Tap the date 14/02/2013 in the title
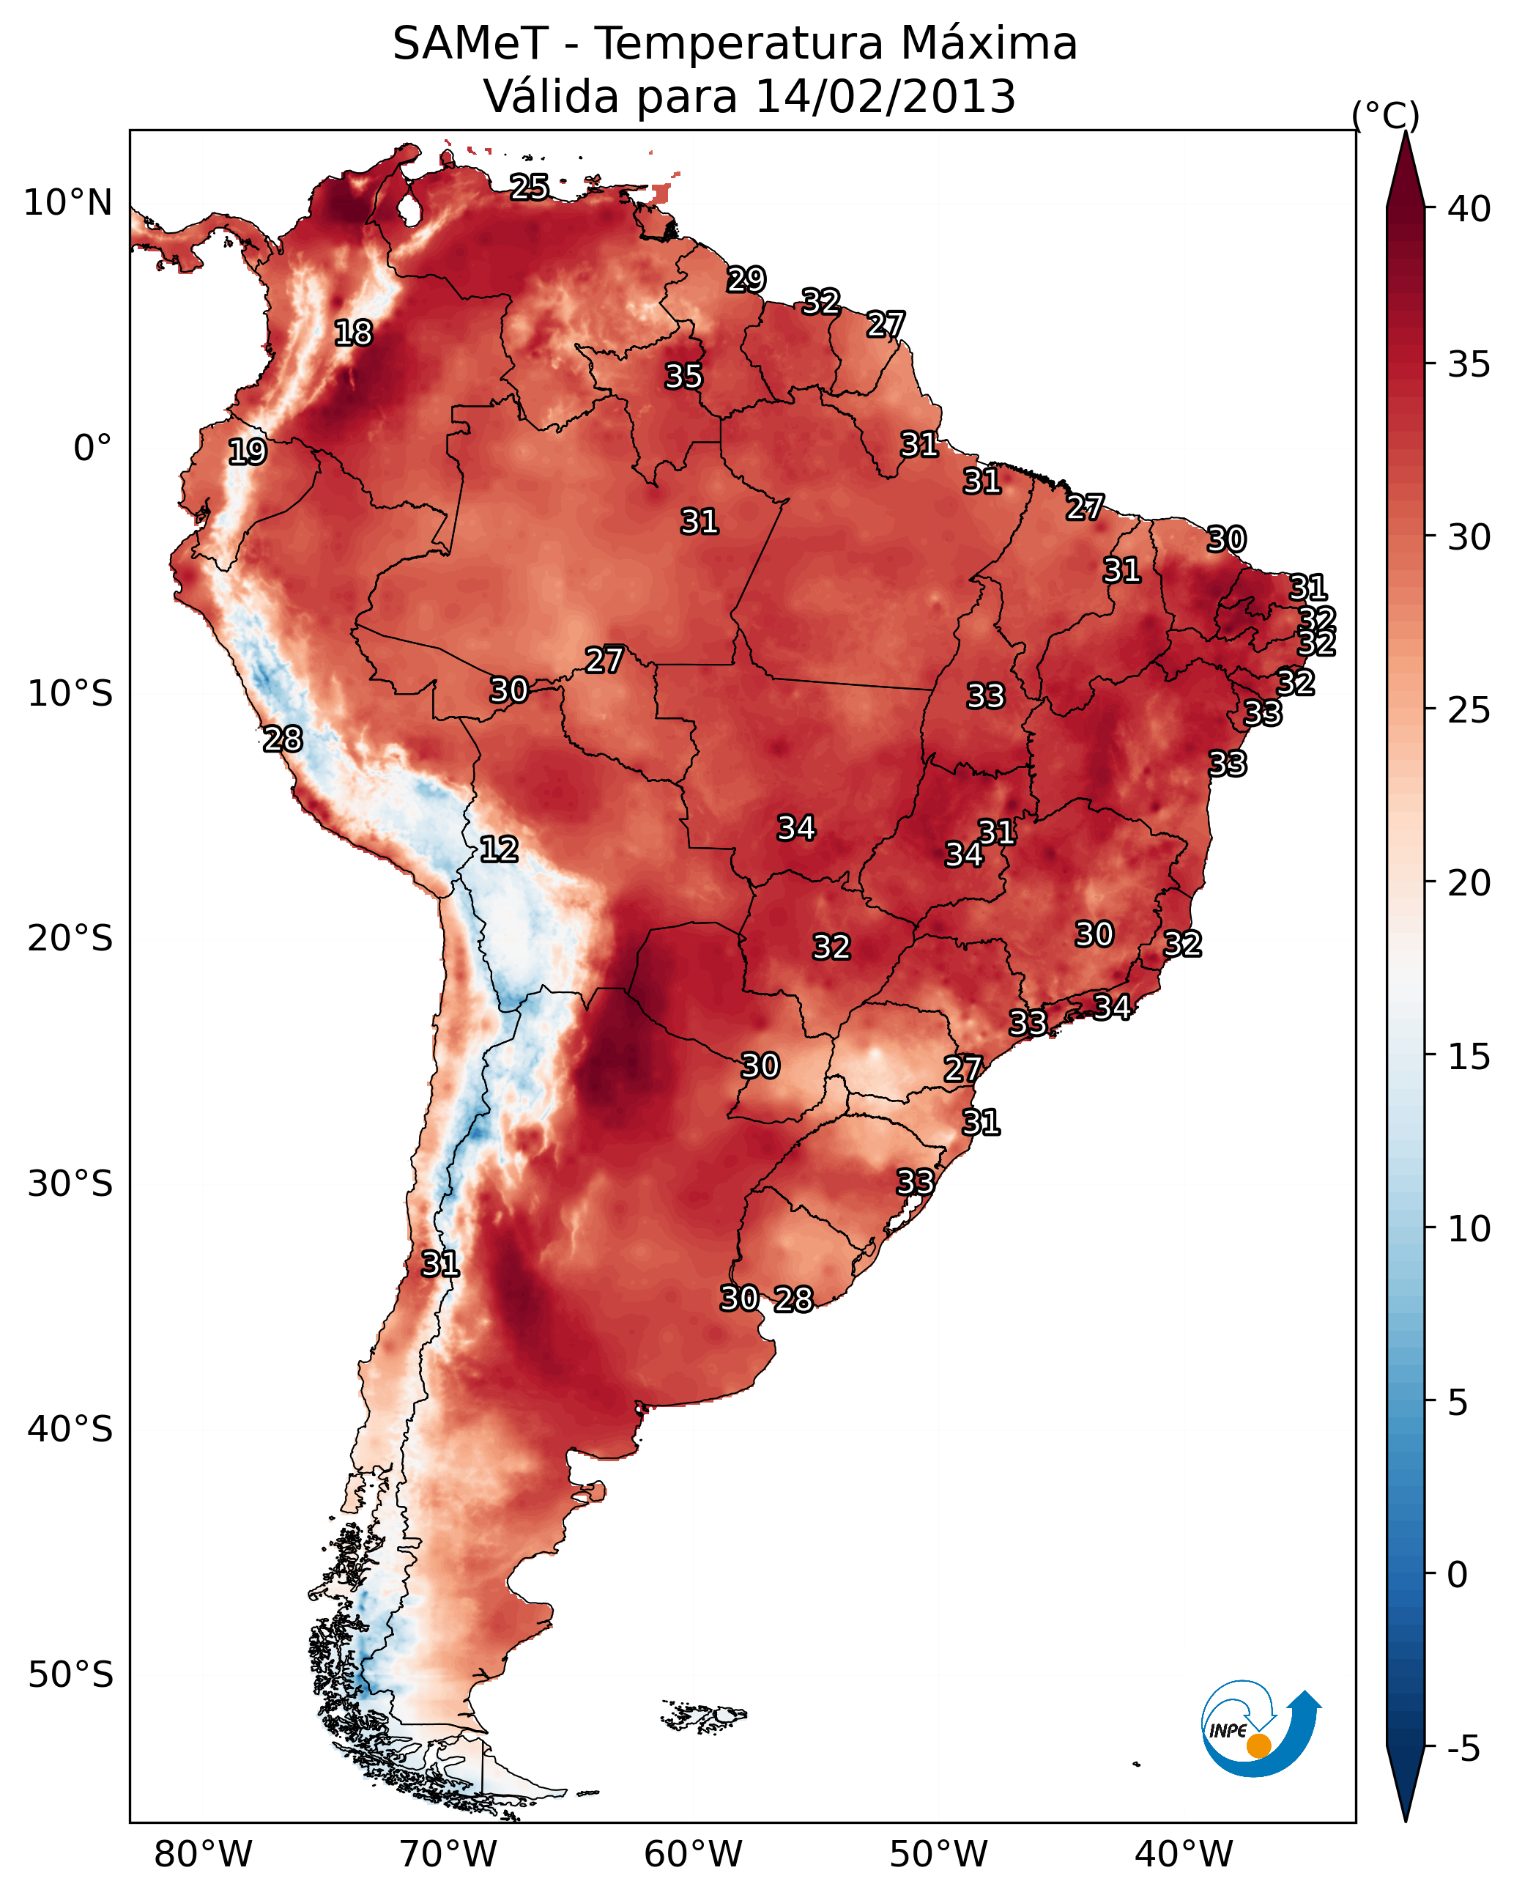click(885, 96)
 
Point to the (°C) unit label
click(1386, 115)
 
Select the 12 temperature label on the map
click(499, 849)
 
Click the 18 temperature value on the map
click(353, 333)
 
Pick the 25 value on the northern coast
click(530, 187)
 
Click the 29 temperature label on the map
click(746, 279)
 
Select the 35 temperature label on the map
click(683, 376)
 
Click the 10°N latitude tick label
click(67, 203)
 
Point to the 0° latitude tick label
click(93, 448)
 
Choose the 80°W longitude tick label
click(203, 1852)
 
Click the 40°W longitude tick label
click(1184, 1852)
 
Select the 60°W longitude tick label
click(694, 1852)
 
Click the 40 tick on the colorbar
click(1469, 209)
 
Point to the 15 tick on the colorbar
click(1469, 1056)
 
